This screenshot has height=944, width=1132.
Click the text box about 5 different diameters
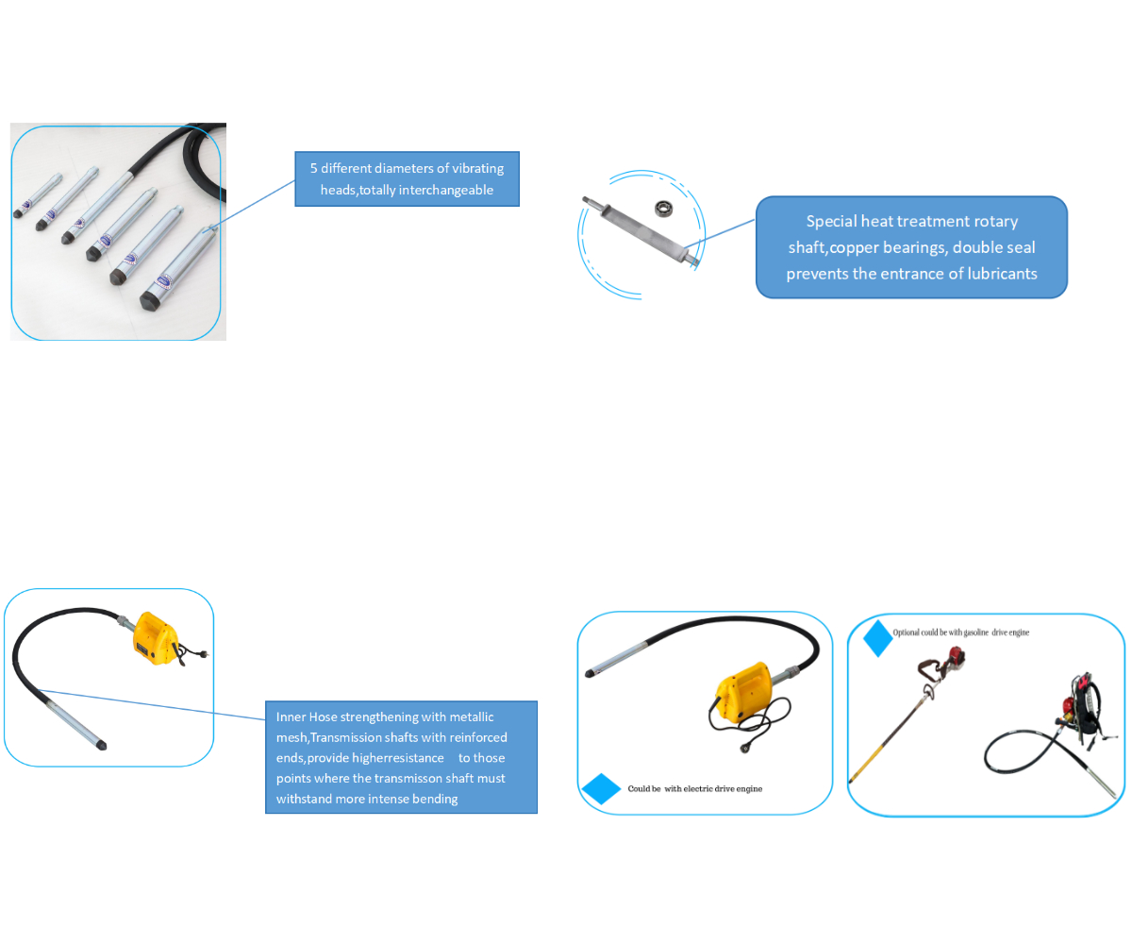tap(407, 178)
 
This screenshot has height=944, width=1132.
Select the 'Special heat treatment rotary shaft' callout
tap(911, 247)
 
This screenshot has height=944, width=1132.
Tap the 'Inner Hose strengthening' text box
tap(401, 757)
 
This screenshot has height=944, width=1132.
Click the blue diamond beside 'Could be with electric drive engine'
tap(601, 788)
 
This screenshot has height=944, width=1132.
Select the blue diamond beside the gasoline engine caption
tap(878, 638)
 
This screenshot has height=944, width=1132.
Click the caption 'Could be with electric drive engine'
tap(695, 788)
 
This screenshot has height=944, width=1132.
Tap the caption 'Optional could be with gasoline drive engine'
tap(961, 632)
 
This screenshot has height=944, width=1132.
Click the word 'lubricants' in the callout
tap(996, 274)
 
